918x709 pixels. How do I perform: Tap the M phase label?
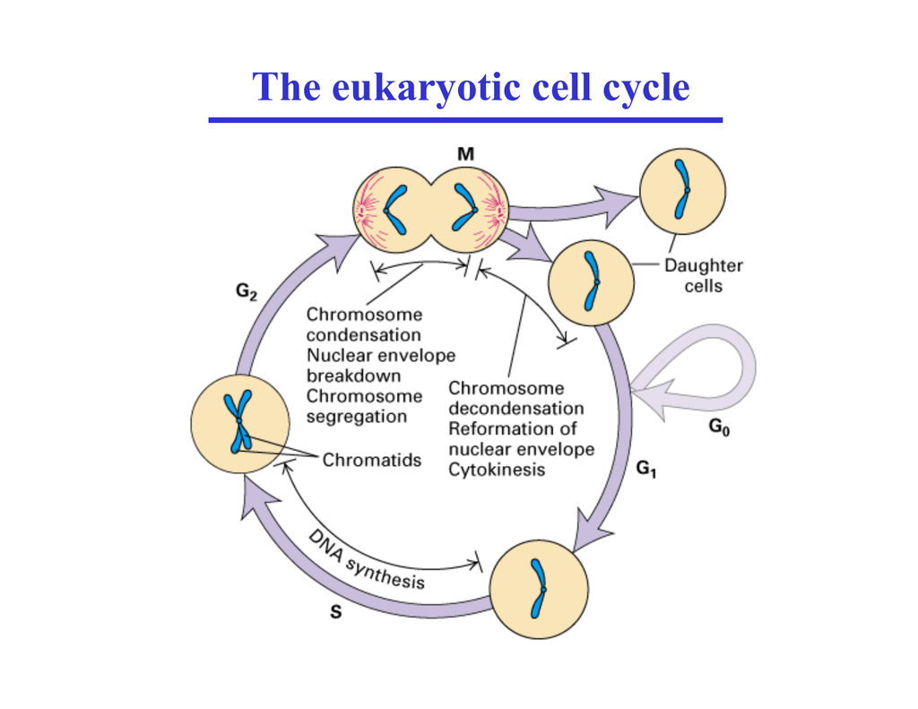click(x=465, y=154)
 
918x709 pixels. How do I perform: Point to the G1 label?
click(x=646, y=467)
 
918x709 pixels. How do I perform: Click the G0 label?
click(x=719, y=429)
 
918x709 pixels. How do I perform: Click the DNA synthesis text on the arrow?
click(x=367, y=560)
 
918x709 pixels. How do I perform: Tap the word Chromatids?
click(x=371, y=460)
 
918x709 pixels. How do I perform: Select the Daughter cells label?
click(x=703, y=276)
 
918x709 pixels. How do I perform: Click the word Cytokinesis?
click(x=497, y=469)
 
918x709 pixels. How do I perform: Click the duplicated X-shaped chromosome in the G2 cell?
click(x=239, y=421)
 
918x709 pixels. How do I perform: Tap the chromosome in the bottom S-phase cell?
click(x=538, y=590)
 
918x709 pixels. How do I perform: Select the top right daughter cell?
click(x=684, y=190)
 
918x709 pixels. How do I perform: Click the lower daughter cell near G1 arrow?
click(x=591, y=281)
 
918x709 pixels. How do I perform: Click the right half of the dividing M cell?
click(x=470, y=212)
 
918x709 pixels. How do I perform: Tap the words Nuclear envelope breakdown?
click(x=381, y=365)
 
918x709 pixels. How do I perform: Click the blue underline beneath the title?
click(x=465, y=119)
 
